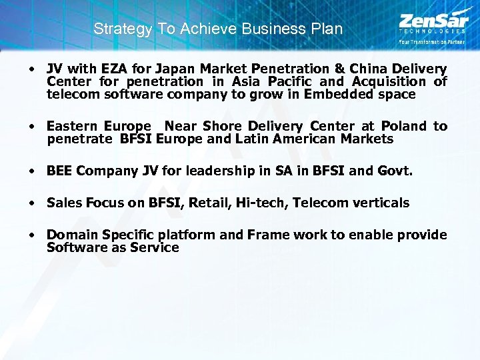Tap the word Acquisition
click(389, 81)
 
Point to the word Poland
click(404, 126)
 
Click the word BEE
click(59, 171)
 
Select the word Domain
click(69, 235)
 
